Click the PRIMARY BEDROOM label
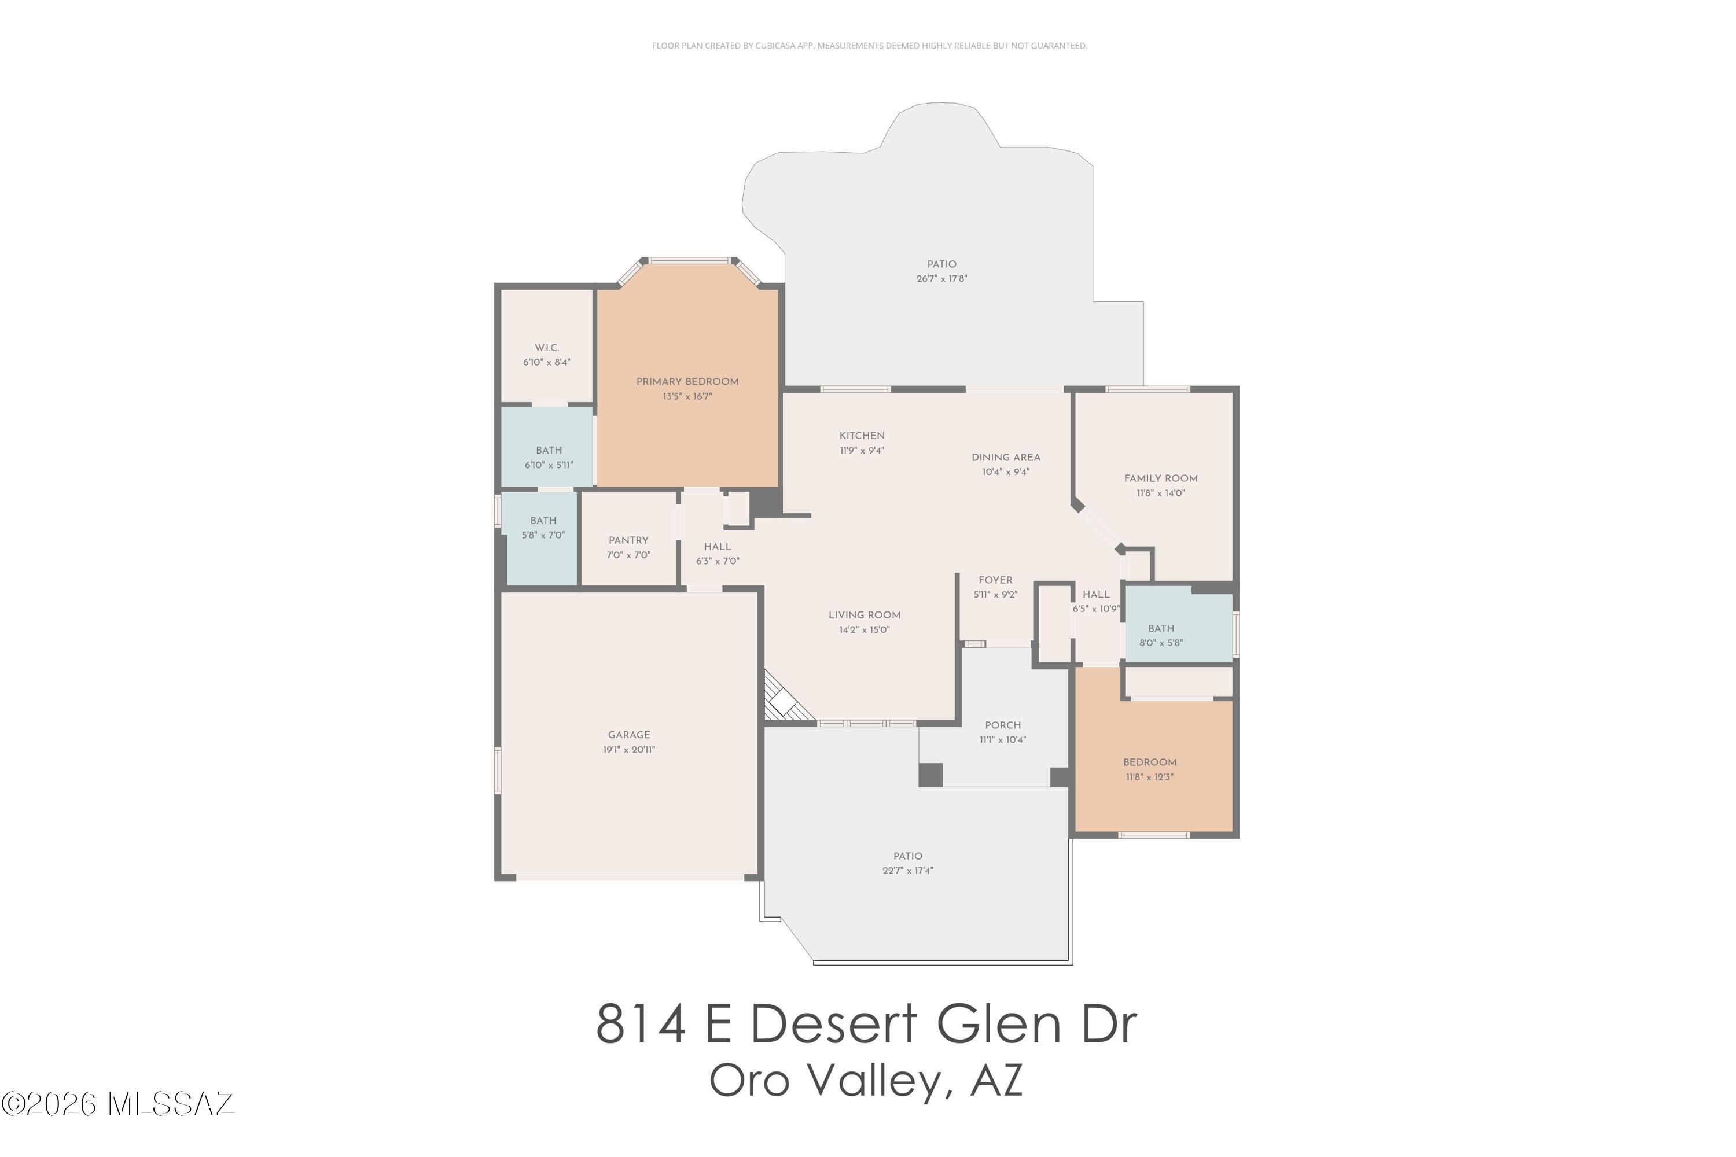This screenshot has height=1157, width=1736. (x=687, y=381)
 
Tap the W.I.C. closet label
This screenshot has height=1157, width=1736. (x=547, y=348)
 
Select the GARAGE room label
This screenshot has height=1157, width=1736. (x=629, y=735)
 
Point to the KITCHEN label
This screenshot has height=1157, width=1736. (x=862, y=436)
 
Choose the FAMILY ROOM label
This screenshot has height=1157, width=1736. (x=1160, y=478)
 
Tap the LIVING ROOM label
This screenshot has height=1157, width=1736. (x=865, y=614)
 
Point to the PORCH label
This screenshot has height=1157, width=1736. (x=1002, y=725)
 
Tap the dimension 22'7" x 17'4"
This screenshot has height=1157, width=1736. (x=907, y=871)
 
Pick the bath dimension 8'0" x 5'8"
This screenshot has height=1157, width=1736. (x=1160, y=643)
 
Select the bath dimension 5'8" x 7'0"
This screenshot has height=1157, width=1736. (x=543, y=535)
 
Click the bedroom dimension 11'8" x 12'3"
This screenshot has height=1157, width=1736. (x=1149, y=777)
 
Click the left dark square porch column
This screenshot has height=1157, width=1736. (x=930, y=774)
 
